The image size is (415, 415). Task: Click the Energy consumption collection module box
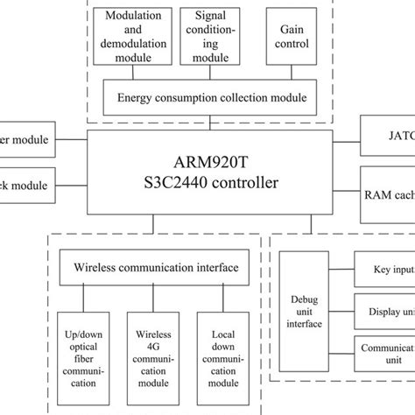tap(210, 98)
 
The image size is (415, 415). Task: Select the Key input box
tap(385, 271)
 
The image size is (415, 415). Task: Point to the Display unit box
tap(385, 312)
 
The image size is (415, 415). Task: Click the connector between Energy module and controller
tap(209, 123)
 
